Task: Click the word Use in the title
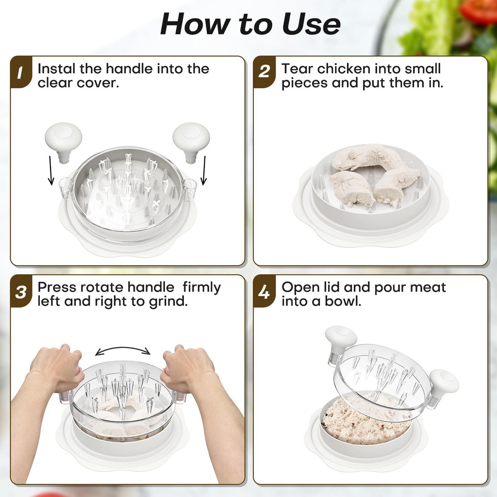point(311,24)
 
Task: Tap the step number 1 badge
point(21,72)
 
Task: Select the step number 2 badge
point(265,72)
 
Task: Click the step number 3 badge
point(21,292)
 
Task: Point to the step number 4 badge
point(265,292)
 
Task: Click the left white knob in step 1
point(64,142)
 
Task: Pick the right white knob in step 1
point(191,142)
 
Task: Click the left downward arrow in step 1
point(50,170)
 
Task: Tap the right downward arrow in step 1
point(204,170)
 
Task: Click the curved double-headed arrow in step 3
point(123,348)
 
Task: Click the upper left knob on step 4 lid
point(340,342)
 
